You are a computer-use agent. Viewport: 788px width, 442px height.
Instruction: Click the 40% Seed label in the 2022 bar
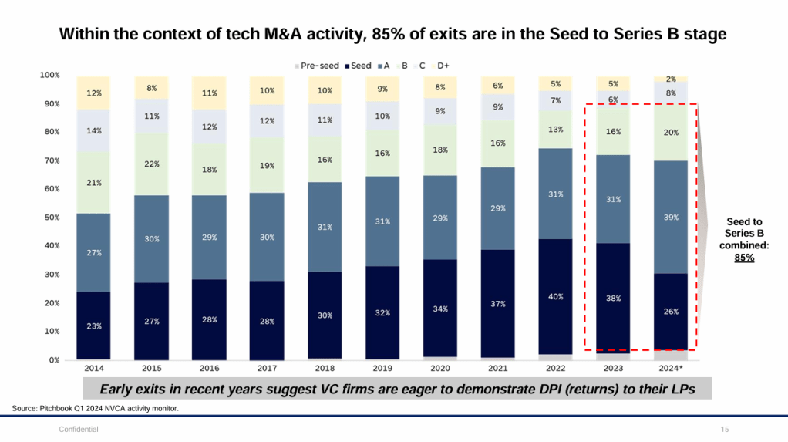[x=556, y=296]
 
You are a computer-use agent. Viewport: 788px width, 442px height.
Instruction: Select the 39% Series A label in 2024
[x=672, y=218]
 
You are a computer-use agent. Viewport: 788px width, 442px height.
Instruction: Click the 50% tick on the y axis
[x=49, y=218]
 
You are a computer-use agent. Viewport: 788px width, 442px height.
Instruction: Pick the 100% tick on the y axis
[x=48, y=75]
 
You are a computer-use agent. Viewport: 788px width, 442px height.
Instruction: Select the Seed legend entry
[x=359, y=66]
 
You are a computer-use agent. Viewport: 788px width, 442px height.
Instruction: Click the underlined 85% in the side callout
[x=744, y=258]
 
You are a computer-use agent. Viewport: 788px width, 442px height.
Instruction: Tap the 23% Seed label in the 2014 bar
[x=93, y=326]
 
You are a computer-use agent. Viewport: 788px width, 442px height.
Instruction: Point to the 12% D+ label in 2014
[x=93, y=93]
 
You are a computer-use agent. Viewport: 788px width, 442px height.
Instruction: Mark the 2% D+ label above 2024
[x=672, y=79]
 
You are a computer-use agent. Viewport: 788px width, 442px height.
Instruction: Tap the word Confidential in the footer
[x=79, y=429]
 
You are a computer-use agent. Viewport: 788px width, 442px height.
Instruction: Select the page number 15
[x=724, y=429]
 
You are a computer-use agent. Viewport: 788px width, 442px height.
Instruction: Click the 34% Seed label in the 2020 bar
[x=440, y=309]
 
